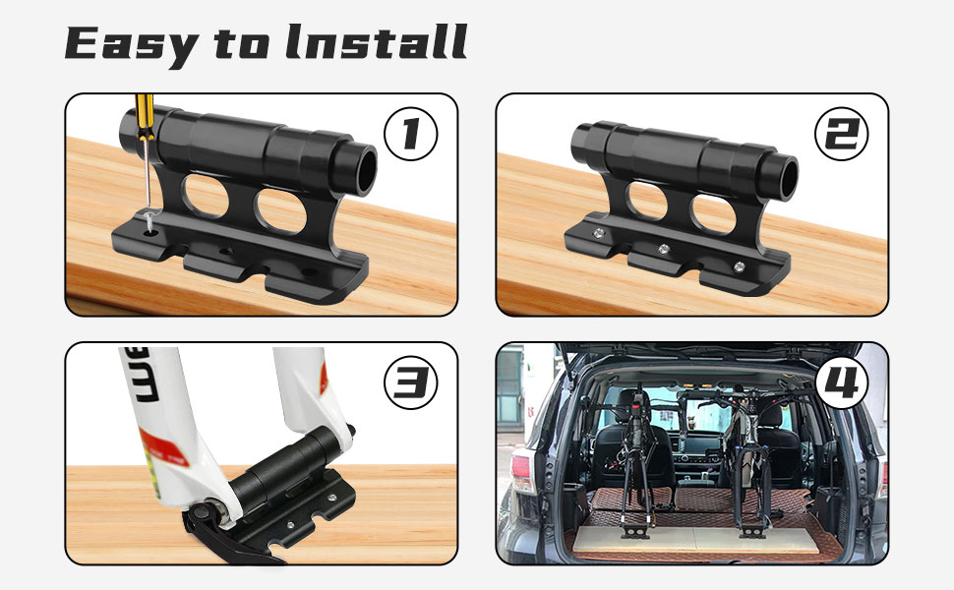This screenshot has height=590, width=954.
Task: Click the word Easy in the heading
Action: click(x=132, y=45)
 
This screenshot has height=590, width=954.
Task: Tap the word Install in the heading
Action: click(x=377, y=42)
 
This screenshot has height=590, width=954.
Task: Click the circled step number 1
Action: click(x=411, y=134)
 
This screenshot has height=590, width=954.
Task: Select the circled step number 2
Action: click(x=842, y=134)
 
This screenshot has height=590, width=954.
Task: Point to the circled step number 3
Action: click(x=411, y=383)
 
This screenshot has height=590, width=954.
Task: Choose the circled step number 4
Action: click(x=842, y=383)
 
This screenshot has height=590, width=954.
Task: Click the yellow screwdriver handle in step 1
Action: click(x=145, y=116)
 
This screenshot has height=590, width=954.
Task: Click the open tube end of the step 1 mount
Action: click(x=364, y=170)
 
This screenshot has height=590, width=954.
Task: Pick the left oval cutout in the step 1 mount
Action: click(x=206, y=196)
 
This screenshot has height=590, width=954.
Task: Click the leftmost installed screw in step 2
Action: click(x=599, y=233)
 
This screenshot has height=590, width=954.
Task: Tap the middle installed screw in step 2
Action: click(x=664, y=249)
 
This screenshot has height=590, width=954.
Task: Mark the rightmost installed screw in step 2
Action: click(x=740, y=266)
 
